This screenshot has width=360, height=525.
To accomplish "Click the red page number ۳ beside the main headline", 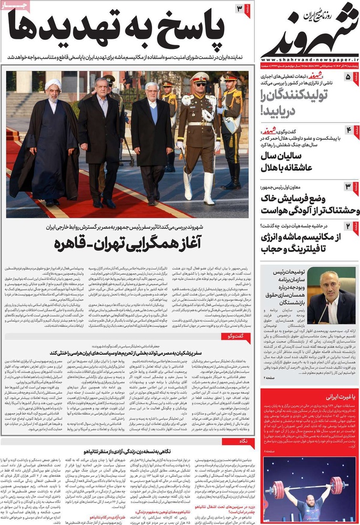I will (x=239, y=9).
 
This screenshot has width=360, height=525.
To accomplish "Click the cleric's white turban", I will (x=53, y=85).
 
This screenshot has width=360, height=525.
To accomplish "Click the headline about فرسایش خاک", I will (x=304, y=205).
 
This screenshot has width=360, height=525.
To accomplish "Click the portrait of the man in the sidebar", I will (x=331, y=297).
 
